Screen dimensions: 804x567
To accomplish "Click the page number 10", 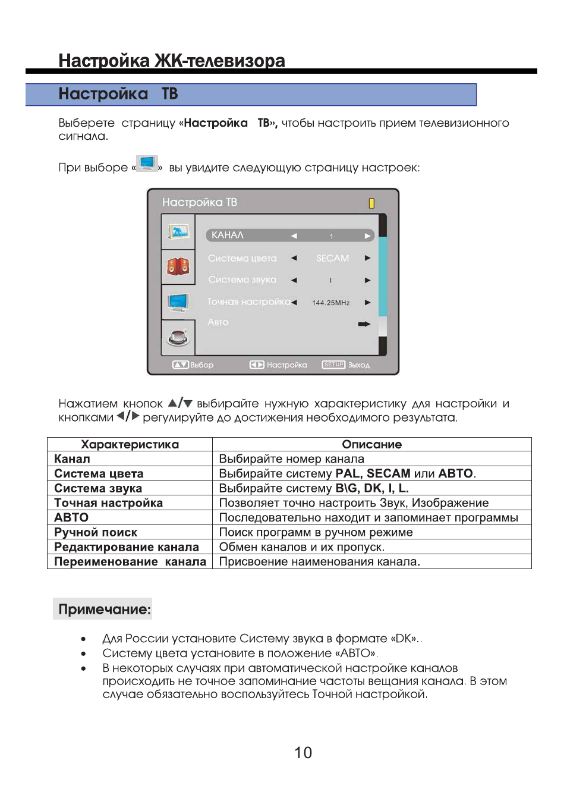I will pos(303,753).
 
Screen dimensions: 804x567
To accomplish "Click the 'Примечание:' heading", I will pos(104,610).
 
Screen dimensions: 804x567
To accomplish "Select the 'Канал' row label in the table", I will pos(72,459).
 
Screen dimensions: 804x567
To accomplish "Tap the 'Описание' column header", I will pos(371,444).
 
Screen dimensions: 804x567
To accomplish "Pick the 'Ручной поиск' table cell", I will pos(96,532).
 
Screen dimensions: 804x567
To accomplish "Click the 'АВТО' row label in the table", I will pos(71,517).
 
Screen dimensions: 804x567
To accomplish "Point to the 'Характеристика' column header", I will pos(130,444).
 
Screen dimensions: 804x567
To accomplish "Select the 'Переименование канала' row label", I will pos(130,562).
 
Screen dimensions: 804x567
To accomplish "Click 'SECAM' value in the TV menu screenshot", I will pos(332,258).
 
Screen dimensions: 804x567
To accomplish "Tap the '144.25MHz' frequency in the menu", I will pos(330,303).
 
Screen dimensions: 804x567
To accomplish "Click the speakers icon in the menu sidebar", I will pos(178,266).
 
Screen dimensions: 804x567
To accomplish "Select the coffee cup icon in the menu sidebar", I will pos(178,338).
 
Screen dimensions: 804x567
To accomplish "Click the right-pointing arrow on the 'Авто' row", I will pos(364,324).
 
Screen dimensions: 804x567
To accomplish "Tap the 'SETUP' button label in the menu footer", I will pos(333,365).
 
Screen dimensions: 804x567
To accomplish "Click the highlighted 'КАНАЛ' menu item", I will pos(228,235).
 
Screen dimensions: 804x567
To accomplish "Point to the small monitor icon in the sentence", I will pos(146,163).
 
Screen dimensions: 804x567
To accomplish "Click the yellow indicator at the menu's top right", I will pos(371,203).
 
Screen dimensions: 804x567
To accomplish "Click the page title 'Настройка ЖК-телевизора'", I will pos(171,61).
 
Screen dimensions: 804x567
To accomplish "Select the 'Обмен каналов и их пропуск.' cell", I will pos(301,547).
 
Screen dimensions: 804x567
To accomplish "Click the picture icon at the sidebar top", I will pos(178,231).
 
